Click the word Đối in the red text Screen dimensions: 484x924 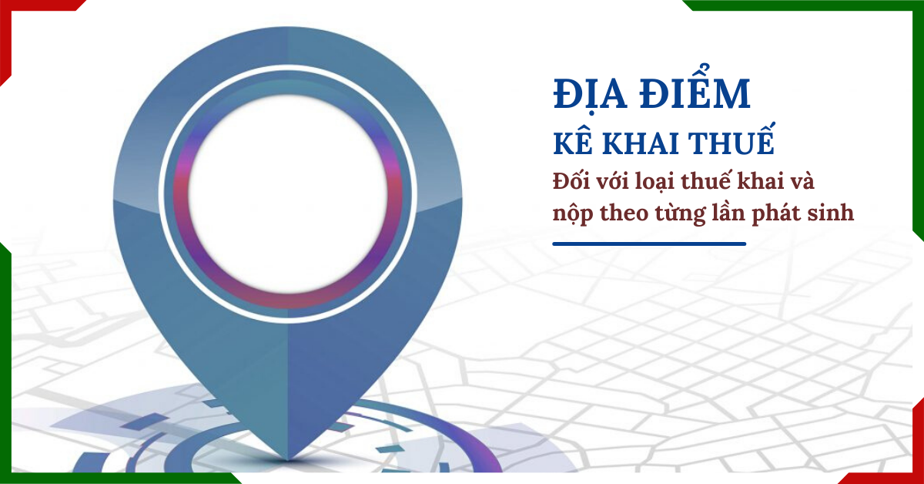572,183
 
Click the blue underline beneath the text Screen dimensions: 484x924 649,244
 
